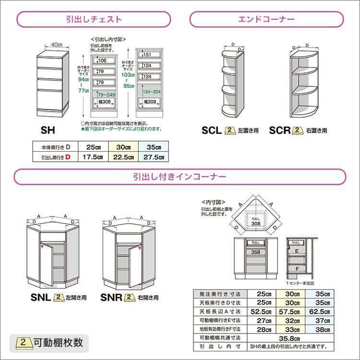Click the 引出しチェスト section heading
[94, 20]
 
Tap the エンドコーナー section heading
[266, 20]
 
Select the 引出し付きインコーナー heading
[180, 177]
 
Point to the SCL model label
[212, 131]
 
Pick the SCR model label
[280, 131]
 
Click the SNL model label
[41, 298]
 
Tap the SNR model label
[111, 298]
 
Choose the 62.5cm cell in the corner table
[323, 312]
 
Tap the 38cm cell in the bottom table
[323, 329]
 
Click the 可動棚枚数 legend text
[59, 343]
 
